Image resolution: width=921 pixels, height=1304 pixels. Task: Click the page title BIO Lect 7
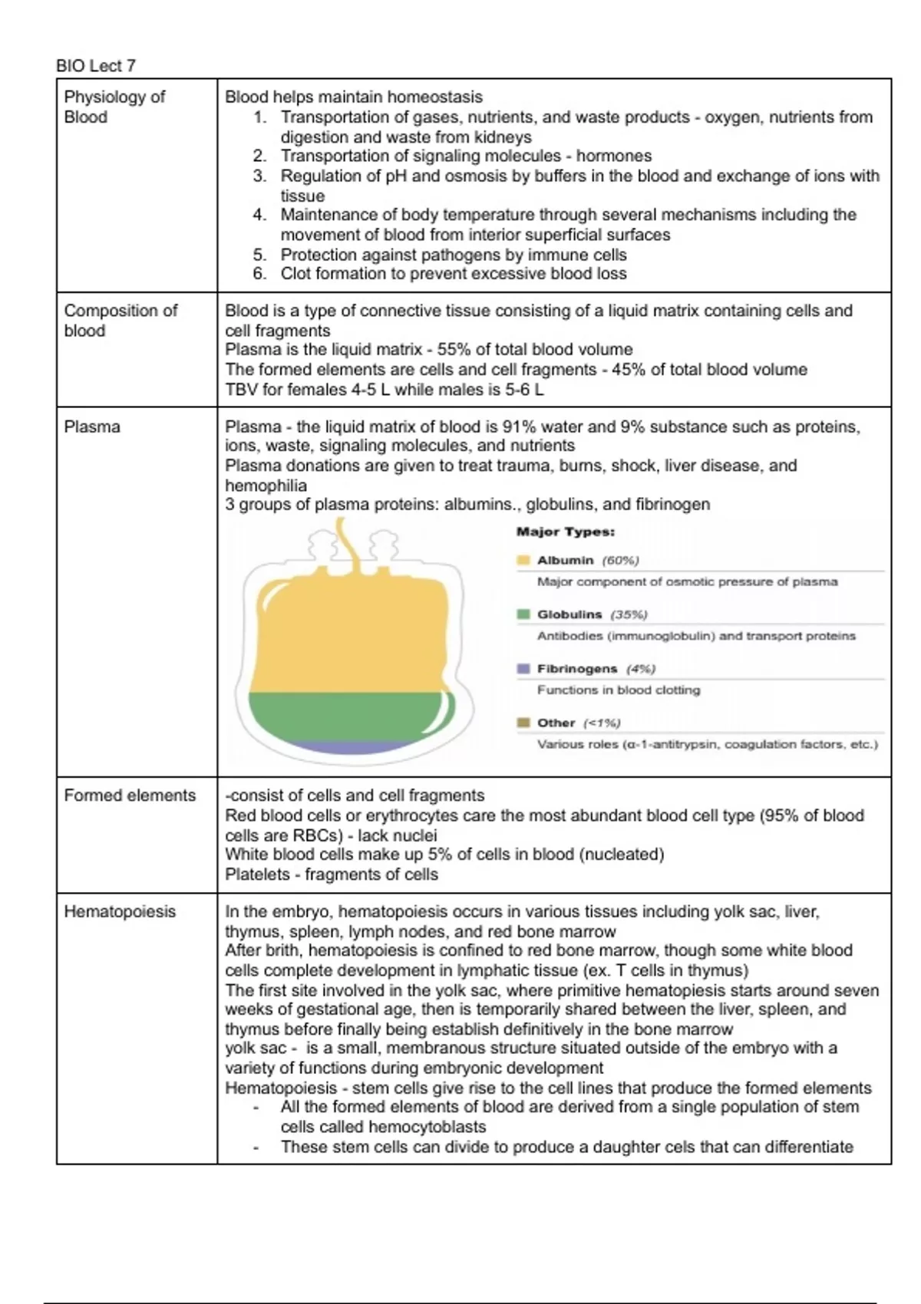96,66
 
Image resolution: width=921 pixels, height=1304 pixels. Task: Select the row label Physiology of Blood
114,107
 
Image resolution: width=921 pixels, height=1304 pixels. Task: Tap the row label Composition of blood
120,321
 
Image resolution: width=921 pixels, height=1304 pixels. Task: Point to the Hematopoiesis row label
120,911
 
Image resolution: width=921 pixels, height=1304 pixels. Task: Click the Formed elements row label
130,795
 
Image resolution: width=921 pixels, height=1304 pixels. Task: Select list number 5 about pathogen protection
259,255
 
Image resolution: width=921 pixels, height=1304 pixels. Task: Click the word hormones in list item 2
613,156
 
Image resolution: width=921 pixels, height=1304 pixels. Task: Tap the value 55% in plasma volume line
454,350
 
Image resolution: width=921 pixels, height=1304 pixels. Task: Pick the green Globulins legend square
523,614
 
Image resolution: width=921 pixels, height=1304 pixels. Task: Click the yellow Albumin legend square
523,561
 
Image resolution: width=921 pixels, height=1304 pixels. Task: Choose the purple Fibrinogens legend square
523,669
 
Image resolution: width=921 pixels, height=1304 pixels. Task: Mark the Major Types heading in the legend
565,532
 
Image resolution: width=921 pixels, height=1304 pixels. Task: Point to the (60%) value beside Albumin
620,561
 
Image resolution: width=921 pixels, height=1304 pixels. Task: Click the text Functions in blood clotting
619,690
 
